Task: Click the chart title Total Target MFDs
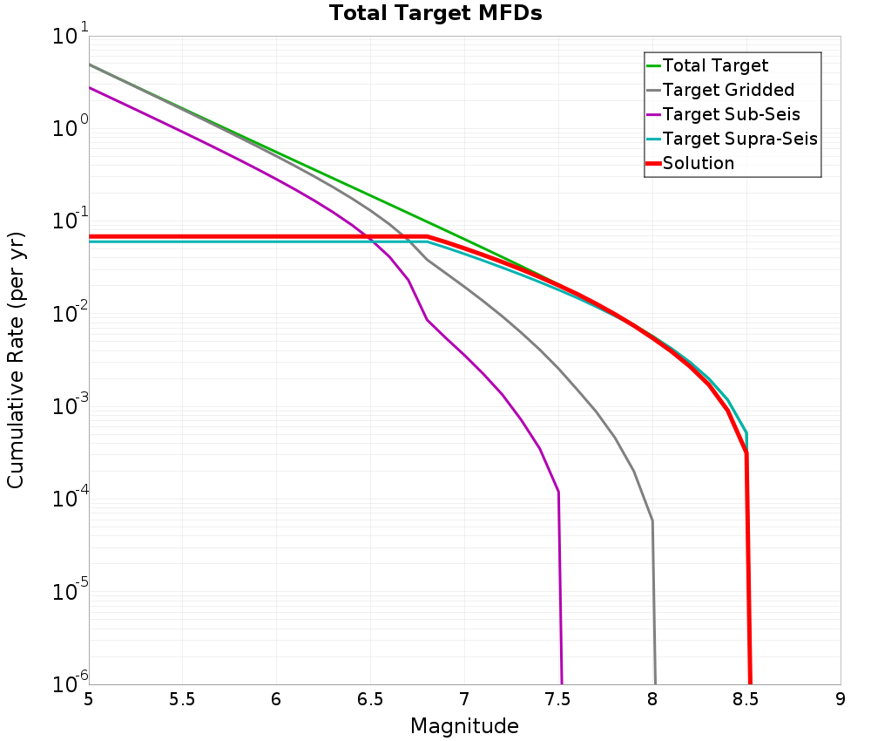[x=435, y=14]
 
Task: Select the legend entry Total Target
[x=715, y=65]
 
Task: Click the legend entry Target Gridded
[x=728, y=90]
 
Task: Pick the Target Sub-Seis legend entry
[x=731, y=114]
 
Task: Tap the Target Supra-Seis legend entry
[x=739, y=139]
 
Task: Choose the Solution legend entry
[x=698, y=163]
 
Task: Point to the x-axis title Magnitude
[x=464, y=726]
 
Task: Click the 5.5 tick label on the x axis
[x=182, y=700]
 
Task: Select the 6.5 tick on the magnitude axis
[x=370, y=700]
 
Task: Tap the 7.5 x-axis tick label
[x=558, y=700]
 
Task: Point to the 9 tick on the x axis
[x=841, y=700]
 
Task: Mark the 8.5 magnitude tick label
[x=746, y=700]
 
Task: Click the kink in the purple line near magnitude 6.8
[x=427, y=320]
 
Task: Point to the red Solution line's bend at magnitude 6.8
[x=428, y=236]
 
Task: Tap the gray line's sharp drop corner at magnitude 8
[x=652, y=521]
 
